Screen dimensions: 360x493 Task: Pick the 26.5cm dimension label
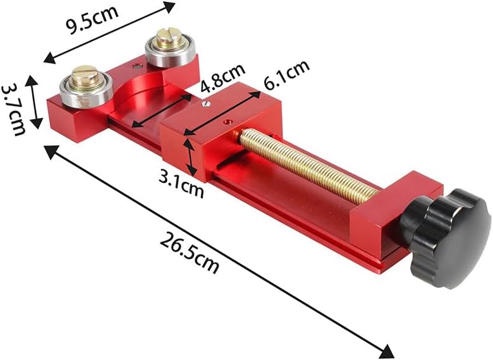click(x=189, y=253)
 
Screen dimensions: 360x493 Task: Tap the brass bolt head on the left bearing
click(x=85, y=76)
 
